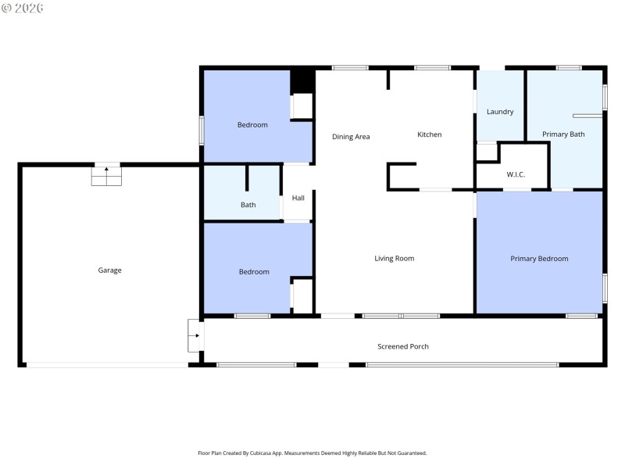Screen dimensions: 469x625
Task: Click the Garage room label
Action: point(109,270)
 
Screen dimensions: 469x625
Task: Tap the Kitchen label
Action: point(429,135)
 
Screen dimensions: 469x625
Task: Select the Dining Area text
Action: point(351,137)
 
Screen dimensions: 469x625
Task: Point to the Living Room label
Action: point(394,259)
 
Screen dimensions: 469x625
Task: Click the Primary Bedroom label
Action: point(539,259)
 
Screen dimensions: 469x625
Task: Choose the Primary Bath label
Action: point(563,134)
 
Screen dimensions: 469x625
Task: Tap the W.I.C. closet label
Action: point(516,174)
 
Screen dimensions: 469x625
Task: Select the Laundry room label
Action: point(500,112)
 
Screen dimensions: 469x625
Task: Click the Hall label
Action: point(298,198)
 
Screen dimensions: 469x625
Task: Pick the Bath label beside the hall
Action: point(248,206)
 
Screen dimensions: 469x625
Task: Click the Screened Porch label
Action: point(403,346)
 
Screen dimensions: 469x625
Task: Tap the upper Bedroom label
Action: point(252,125)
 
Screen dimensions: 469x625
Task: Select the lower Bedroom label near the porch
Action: point(254,272)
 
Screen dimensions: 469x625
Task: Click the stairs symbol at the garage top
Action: point(106,175)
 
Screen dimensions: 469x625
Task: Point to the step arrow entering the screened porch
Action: point(195,335)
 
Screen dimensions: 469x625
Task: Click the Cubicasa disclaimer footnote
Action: point(312,453)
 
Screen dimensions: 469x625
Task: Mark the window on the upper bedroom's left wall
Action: point(202,130)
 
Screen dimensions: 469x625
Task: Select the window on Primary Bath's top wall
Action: point(569,68)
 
